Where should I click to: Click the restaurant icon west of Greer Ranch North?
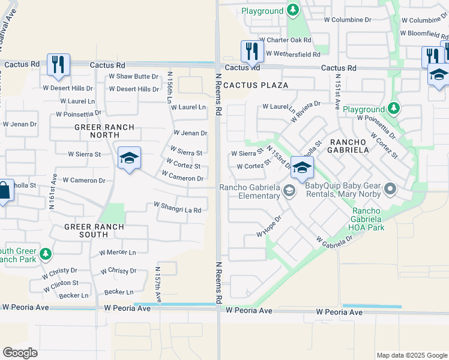click(x=58, y=64)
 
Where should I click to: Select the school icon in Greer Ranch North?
click(x=129, y=158)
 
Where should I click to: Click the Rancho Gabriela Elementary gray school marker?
click(x=289, y=191)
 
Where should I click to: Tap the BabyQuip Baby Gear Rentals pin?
click(x=391, y=190)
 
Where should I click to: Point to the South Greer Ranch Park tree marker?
click(x=46, y=254)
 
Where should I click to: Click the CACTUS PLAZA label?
click(x=256, y=85)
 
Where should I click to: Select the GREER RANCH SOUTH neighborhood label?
click(x=95, y=231)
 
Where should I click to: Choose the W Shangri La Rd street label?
click(x=177, y=207)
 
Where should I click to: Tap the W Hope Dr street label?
click(x=269, y=226)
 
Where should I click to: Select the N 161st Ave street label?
click(x=53, y=191)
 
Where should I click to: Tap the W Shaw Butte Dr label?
click(x=133, y=77)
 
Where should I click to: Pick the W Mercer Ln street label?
click(x=118, y=253)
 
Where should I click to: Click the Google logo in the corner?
click(x=20, y=352)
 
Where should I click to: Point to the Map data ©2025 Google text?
click(x=411, y=355)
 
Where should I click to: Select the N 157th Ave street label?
click(x=158, y=284)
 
